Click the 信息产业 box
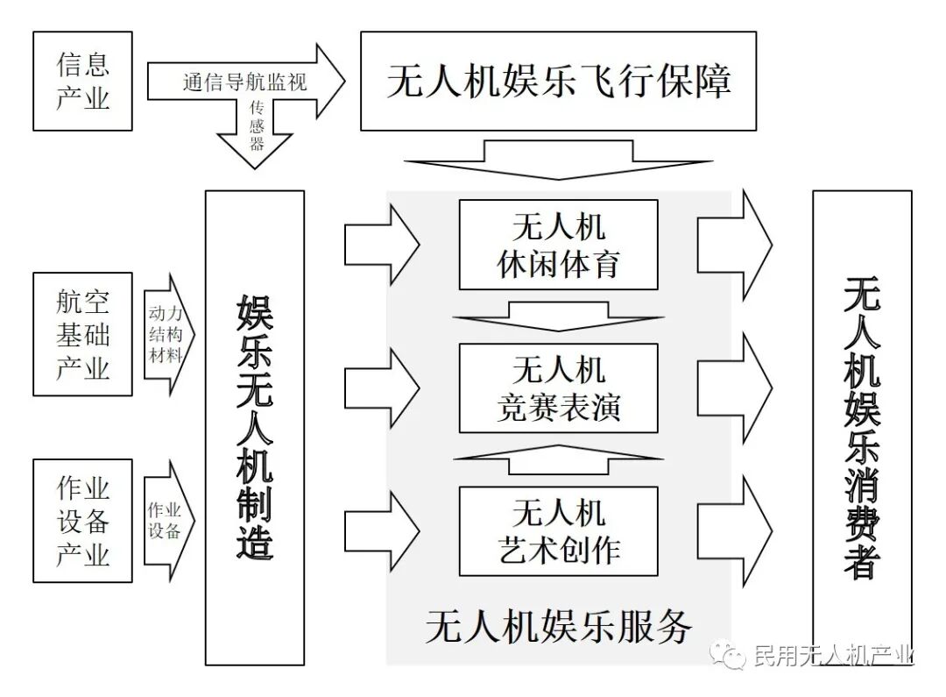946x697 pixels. pyautogui.click(x=82, y=82)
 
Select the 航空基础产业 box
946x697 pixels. pyautogui.click(x=82, y=334)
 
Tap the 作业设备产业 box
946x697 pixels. pyautogui.click(x=82, y=520)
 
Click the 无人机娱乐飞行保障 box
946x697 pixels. pyautogui.click(x=558, y=81)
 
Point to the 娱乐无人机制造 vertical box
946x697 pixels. pyautogui.click(x=255, y=427)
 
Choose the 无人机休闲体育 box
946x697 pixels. pyautogui.click(x=558, y=245)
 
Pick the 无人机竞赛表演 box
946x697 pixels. pyautogui.click(x=558, y=388)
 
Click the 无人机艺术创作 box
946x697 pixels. pyautogui.click(x=558, y=530)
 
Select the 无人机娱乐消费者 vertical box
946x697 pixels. pyautogui.click(x=862, y=427)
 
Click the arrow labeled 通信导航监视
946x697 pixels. pyautogui.click(x=245, y=83)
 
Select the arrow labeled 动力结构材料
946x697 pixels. pyautogui.click(x=166, y=334)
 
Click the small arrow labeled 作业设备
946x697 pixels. pyautogui.click(x=166, y=520)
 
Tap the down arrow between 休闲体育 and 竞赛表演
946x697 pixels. pyautogui.click(x=558, y=316)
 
